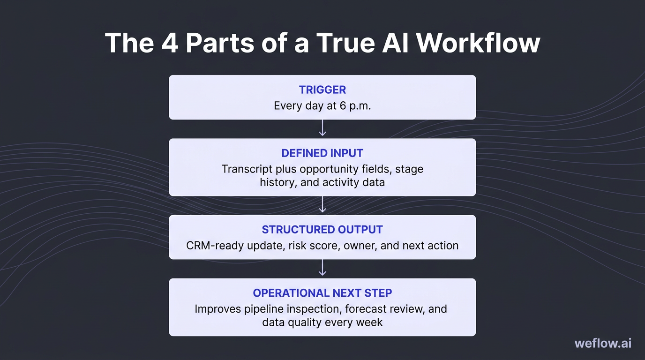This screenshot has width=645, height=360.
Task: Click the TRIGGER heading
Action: (x=322, y=90)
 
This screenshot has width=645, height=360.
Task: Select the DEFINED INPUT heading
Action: (x=322, y=153)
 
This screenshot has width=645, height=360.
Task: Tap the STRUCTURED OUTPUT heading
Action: (x=322, y=230)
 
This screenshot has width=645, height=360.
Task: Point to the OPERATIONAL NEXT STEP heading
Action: (x=322, y=293)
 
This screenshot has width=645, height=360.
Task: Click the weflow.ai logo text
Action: (x=603, y=343)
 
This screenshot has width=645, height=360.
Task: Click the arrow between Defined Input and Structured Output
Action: (x=322, y=205)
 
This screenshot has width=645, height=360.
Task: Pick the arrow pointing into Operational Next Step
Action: (x=322, y=269)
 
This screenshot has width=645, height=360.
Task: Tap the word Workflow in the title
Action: (x=478, y=43)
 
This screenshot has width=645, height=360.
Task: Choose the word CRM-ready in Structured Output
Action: (x=212, y=245)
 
